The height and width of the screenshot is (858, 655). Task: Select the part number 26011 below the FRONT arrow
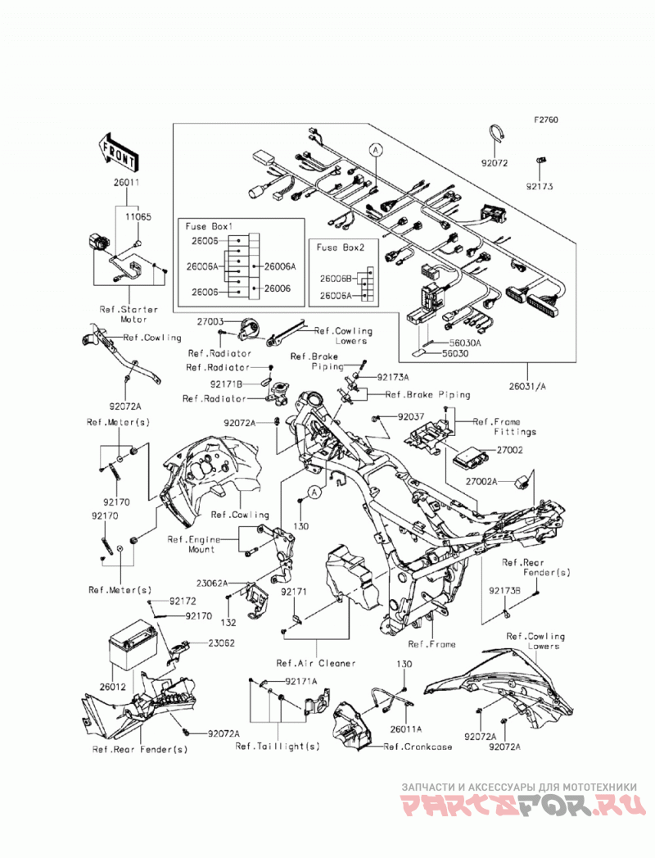tap(126, 183)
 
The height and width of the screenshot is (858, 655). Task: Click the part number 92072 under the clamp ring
tap(495, 163)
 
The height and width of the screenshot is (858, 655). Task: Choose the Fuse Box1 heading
tap(210, 226)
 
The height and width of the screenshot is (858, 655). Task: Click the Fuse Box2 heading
tap(341, 247)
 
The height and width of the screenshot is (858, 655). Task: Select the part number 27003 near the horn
tap(210, 322)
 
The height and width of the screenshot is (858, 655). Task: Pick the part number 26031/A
tap(527, 386)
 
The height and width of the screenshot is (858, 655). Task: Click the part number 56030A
tap(465, 343)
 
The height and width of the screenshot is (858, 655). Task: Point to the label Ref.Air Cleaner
tap(316, 663)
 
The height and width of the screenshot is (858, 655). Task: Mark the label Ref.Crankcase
tap(418, 747)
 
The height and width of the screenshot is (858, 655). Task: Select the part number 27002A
tap(481, 482)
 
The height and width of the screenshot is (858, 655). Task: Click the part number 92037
tap(411, 417)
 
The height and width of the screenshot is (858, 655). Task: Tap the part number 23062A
tap(212, 583)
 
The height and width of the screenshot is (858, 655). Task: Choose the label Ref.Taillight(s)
tap(278, 747)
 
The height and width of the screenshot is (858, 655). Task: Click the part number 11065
tap(138, 216)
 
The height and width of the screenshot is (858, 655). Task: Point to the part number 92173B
tap(505, 591)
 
